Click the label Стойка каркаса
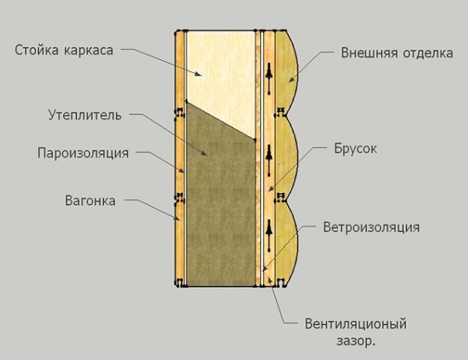64,50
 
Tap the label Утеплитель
85,115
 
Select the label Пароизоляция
83,153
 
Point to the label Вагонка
90,201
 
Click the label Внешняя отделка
397,53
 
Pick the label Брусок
355,149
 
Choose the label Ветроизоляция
371,227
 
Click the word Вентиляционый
355,323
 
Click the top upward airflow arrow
269,79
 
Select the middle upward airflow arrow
269,160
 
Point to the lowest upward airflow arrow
269,236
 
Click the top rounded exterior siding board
287,72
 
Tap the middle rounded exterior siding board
287,158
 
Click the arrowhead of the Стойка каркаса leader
199,74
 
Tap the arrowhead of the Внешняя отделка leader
290,79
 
